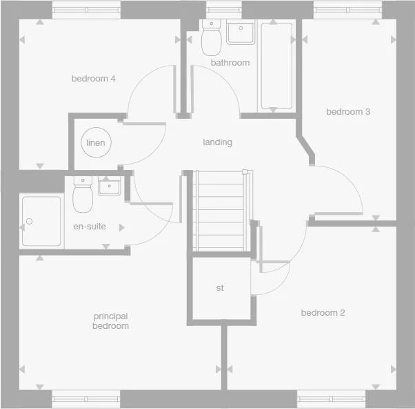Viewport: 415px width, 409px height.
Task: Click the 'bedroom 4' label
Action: coord(93,79)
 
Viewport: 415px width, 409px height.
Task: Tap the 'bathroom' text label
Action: coord(230,63)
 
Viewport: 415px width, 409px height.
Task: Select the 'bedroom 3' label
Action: coord(344,112)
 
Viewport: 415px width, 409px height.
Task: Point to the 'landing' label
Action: coord(217,142)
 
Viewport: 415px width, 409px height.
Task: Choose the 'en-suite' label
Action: coord(90,226)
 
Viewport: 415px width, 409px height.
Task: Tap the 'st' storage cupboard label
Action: coord(220,287)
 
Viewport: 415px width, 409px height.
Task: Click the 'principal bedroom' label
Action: coord(111,321)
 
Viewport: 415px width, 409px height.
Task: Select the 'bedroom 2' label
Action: coord(323,313)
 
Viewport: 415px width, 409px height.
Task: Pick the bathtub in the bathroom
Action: coord(276,66)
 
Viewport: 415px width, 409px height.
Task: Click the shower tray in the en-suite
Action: coord(41,221)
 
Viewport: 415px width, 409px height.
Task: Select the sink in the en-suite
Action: coord(109,186)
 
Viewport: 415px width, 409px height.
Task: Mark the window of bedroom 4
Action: coord(86,10)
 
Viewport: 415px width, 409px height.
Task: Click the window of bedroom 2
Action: coord(331,399)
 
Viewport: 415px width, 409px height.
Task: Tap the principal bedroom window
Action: coord(86,399)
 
